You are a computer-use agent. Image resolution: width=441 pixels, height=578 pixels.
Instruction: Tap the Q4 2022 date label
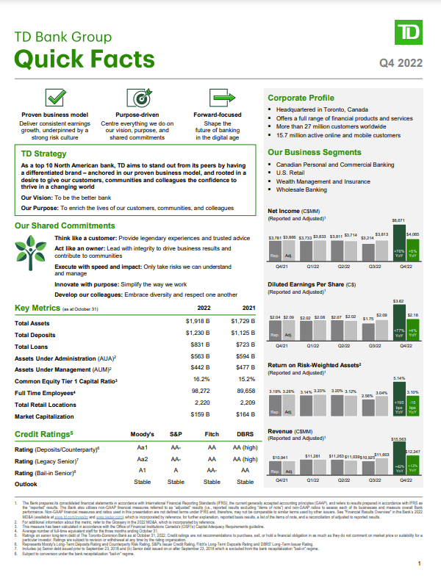(401, 63)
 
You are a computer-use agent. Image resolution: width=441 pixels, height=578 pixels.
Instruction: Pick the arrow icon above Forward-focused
(218, 98)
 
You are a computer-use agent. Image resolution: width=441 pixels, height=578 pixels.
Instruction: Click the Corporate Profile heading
(301, 98)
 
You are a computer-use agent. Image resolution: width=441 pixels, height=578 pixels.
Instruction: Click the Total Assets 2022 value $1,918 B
(198, 322)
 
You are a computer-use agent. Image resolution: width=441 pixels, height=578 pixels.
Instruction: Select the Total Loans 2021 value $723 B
(243, 346)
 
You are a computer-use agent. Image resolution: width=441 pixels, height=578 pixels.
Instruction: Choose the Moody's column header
(143, 435)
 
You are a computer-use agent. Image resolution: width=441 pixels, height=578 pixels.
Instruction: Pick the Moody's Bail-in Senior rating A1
(143, 471)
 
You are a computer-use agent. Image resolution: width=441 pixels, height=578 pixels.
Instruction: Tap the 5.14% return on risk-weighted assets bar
(399, 398)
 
